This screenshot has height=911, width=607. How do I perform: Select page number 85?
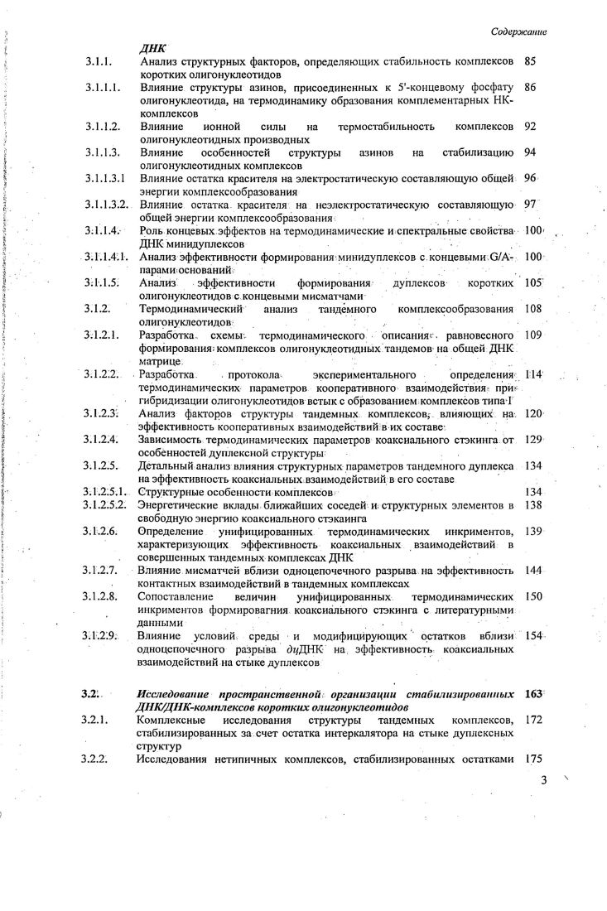click(x=532, y=61)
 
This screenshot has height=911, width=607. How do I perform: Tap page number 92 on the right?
click(x=532, y=127)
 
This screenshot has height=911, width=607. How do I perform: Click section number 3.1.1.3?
click(x=102, y=152)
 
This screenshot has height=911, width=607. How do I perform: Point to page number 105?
click(x=534, y=282)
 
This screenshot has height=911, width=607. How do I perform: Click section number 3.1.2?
click(x=96, y=308)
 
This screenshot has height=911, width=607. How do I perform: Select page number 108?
click(x=534, y=308)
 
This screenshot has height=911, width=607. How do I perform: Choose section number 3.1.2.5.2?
click(x=104, y=504)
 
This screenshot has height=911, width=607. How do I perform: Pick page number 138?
click(x=534, y=504)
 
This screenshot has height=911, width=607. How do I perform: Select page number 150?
click(x=534, y=595)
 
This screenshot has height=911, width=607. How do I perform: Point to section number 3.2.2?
click(x=96, y=758)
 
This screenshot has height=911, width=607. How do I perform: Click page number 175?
click(x=534, y=758)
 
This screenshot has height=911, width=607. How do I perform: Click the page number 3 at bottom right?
click(x=544, y=779)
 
